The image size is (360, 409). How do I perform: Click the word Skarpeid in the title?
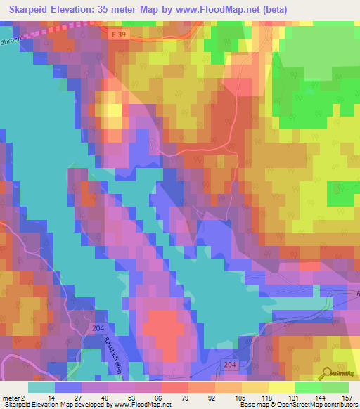pos(27,10)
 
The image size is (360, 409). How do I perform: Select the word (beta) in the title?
pos(270,10)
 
